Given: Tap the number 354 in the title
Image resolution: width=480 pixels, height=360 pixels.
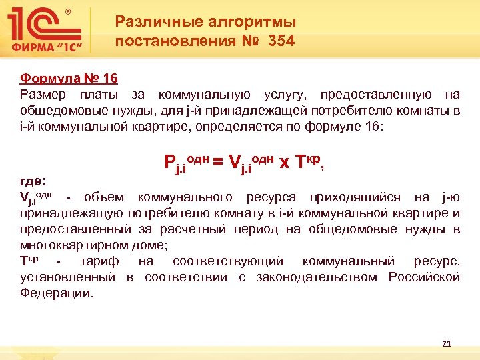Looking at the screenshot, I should click(281, 41).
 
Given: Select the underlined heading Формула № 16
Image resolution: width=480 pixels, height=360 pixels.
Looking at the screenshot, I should click(69, 79).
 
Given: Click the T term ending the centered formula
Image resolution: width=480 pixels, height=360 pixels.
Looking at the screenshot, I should click(303, 160).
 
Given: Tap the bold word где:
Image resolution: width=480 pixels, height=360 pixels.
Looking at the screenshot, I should click(33, 181).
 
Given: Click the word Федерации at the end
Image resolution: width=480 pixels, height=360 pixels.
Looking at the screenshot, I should click(57, 293).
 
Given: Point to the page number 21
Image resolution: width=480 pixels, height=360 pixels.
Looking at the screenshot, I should click(447, 344).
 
